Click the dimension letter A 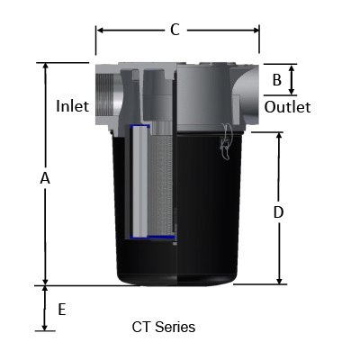(45, 178)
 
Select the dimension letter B (277, 80)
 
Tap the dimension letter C (175, 30)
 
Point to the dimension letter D (278, 212)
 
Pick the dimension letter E (61, 309)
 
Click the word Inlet (73, 106)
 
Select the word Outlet (287, 107)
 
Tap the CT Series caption (163, 327)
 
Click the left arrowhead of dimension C (99, 31)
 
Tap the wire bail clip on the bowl (225, 144)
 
